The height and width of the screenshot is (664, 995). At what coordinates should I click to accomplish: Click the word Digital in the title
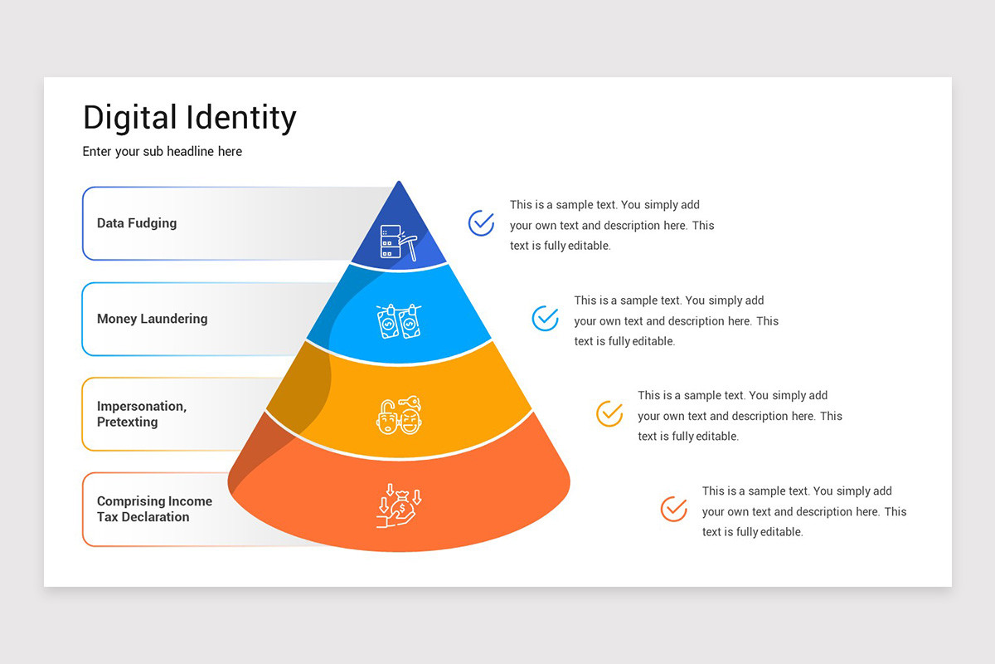click(131, 118)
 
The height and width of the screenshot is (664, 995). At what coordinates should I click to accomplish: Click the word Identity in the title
click(241, 118)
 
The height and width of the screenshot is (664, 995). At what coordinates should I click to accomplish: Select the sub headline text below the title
click(163, 152)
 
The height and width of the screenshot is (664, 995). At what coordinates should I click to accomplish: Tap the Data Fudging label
click(137, 223)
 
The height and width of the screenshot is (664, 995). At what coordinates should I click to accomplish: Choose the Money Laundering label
click(153, 319)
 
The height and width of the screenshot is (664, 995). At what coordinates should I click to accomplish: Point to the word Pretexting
click(127, 422)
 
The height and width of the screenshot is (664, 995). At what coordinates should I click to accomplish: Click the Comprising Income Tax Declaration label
click(154, 509)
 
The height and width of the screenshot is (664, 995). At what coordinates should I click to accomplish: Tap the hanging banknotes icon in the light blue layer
click(398, 320)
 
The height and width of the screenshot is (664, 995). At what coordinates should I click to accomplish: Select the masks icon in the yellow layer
click(399, 415)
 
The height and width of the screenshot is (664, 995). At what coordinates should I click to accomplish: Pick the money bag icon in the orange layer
click(399, 506)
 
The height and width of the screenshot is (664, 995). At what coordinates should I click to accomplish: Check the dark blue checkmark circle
click(481, 223)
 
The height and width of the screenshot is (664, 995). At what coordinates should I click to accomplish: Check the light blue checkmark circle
click(545, 319)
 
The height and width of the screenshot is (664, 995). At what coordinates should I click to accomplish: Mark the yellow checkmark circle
click(609, 413)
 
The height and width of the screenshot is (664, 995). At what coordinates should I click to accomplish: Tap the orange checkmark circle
click(673, 509)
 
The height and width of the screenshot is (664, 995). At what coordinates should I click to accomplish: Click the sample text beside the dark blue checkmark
click(611, 225)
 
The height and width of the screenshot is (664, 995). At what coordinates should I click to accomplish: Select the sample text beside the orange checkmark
click(803, 511)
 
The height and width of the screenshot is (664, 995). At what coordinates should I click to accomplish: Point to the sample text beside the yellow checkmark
click(739, 416)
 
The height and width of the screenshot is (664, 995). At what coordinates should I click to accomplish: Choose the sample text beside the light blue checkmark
click(676, 320)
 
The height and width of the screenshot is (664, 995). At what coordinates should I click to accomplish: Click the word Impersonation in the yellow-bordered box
click(142, 406)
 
